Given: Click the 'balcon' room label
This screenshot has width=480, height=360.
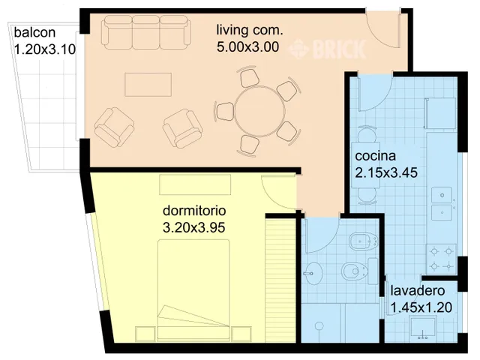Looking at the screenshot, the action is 34,32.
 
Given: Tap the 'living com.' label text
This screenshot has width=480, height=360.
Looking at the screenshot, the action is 250,30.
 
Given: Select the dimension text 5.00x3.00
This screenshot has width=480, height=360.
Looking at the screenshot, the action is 248,46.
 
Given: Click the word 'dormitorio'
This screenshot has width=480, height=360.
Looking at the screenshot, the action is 194,211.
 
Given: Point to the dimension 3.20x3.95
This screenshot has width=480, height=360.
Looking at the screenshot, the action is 194,227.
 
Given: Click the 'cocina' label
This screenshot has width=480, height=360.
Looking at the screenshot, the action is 375,156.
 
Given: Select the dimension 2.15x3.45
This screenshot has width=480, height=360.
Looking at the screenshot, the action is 386,172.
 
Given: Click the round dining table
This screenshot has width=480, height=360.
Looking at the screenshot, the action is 260,112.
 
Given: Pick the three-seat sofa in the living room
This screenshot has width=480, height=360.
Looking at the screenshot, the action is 145,33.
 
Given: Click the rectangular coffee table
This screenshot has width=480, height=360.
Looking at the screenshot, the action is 148,85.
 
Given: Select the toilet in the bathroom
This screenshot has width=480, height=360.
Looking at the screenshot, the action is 355,271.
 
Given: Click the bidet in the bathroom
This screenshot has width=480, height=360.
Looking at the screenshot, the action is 363,241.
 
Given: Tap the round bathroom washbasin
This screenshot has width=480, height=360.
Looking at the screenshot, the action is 313,273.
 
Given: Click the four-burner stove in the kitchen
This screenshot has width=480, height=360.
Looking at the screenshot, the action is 442,259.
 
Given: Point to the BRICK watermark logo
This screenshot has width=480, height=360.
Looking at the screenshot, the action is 327,49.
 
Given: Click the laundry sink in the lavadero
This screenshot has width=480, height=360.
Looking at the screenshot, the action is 423,328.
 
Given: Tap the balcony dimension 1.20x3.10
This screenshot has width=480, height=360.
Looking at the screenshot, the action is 45,49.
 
